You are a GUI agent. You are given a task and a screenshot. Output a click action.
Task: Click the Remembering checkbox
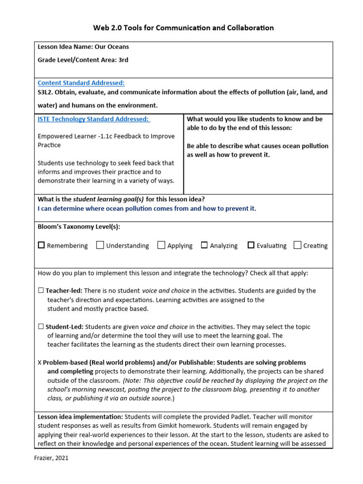(x=41, y=245)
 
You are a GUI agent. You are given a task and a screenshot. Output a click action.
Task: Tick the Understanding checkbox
(x=100, y=245)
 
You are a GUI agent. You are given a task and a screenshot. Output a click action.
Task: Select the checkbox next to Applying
(x=161, y=245)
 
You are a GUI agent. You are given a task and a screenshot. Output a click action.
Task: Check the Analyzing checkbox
(x=204, y=245)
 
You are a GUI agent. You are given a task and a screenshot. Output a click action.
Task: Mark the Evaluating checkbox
(x=251, y=245)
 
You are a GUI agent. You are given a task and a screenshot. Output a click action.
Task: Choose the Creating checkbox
(x=297, y=245)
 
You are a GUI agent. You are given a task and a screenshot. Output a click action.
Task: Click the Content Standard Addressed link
(x=81, y=83)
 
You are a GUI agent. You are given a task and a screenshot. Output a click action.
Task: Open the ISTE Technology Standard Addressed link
(x=94, y=119)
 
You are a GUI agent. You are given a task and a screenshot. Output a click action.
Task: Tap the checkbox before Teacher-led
(x=41, y=291)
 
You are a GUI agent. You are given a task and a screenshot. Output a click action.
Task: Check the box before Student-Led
(x=41, y=327)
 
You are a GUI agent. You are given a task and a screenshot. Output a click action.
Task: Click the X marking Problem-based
(x=40, y=363)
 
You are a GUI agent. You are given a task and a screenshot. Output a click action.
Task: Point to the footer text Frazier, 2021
(x=52, y=458)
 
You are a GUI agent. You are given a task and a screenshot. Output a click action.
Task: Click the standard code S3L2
(x=46, y=92)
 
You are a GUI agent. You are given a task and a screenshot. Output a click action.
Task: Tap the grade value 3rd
(x=123, y=60)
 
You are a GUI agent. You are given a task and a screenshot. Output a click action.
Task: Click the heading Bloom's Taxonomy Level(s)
(x=78, y=226)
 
